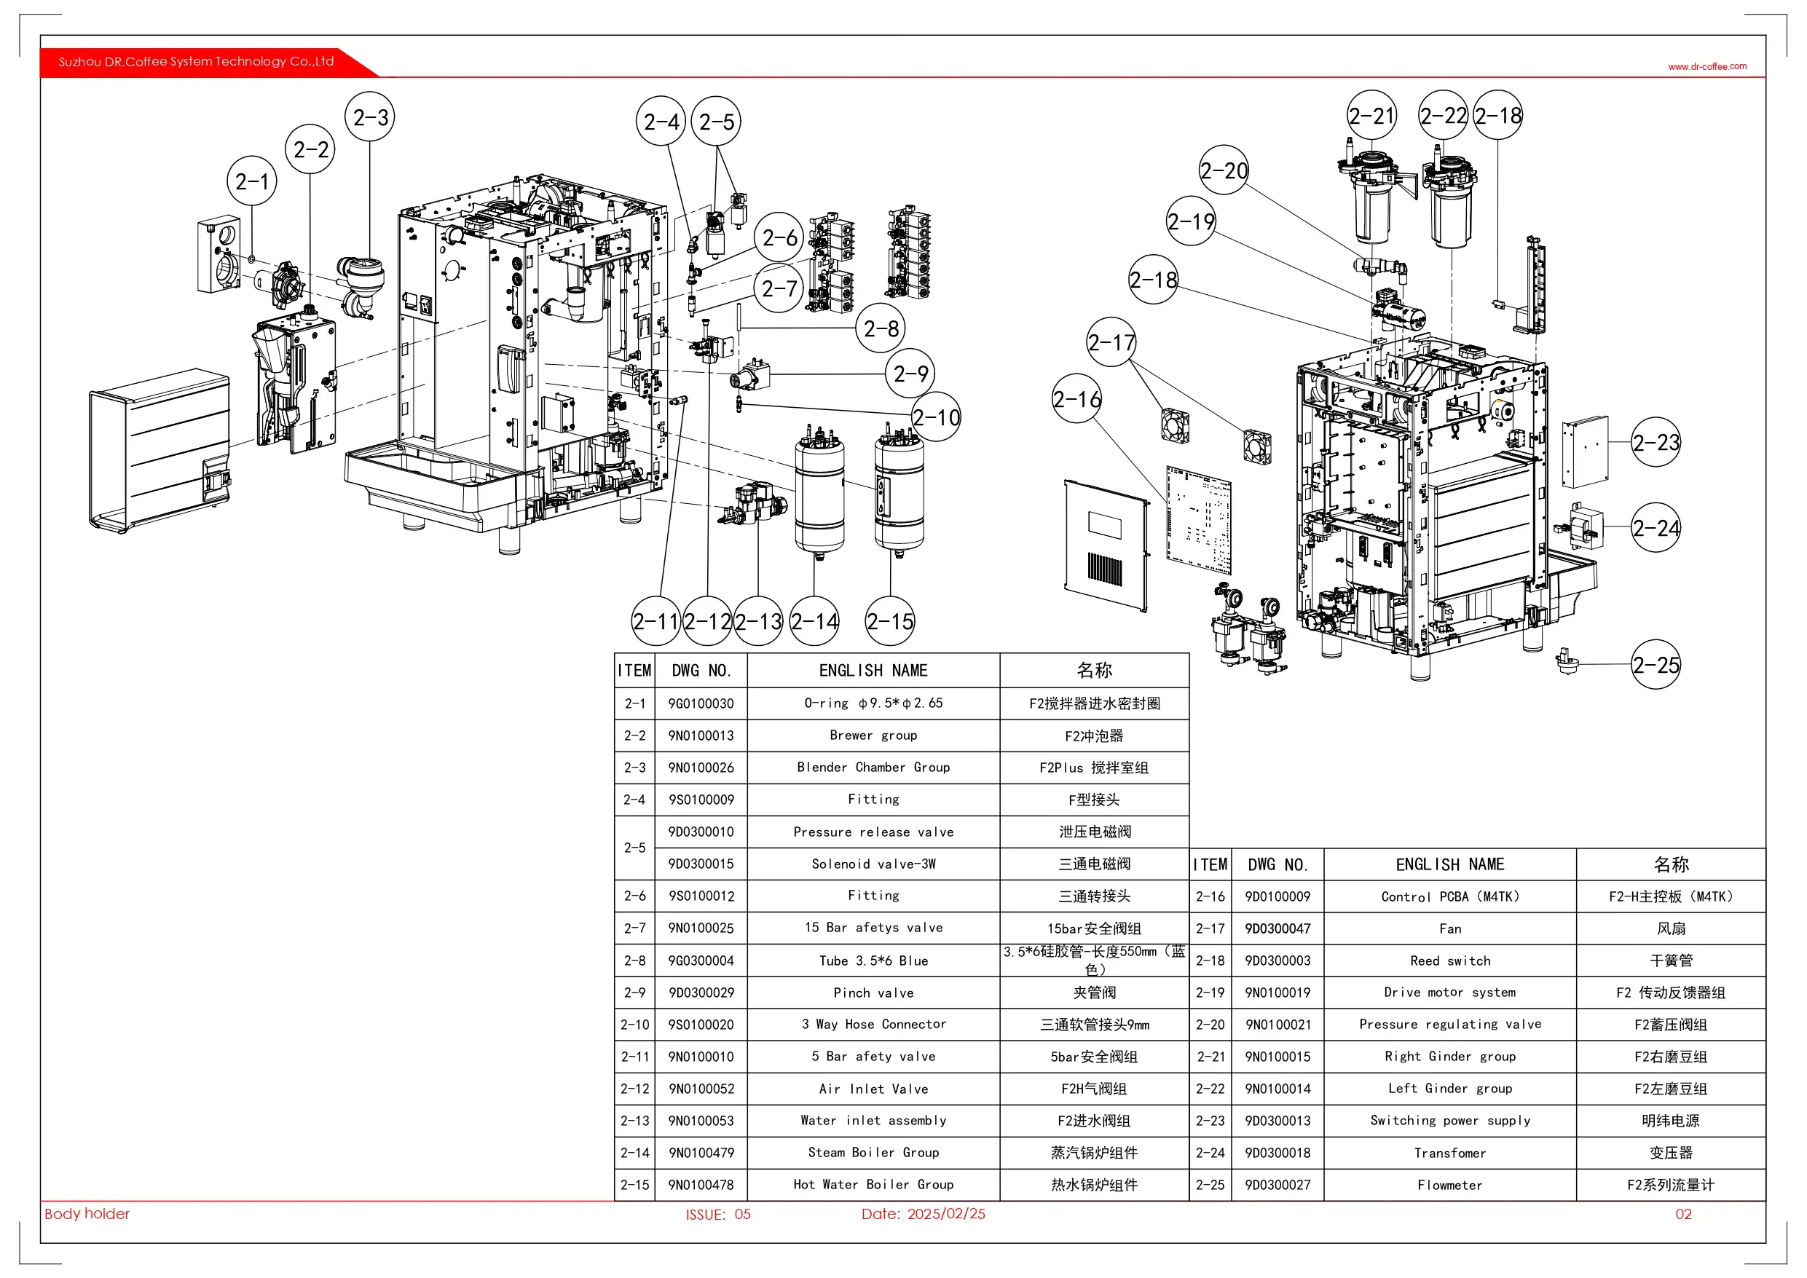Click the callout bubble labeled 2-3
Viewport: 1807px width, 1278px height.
370,117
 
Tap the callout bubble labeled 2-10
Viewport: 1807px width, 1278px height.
937,417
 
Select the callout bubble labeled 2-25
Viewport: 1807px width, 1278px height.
1656,665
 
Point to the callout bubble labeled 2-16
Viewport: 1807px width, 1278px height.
1077,399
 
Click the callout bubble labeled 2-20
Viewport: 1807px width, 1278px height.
1224,170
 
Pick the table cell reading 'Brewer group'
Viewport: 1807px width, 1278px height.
873,735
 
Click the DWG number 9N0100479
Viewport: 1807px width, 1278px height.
701,1153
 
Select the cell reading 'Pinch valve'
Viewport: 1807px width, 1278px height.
873,993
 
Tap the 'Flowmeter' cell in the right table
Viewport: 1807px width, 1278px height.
1449,1184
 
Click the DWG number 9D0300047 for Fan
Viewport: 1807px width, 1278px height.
1278,928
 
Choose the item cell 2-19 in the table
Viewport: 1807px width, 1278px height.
1210,993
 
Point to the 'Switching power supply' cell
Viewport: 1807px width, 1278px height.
1449,1121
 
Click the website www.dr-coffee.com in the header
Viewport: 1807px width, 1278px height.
1707,66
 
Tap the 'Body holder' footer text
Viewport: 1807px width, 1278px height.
87,1213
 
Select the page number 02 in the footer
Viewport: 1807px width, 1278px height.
1683,1213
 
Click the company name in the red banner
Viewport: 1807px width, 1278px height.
196,61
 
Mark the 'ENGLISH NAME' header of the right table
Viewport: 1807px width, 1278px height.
1449,864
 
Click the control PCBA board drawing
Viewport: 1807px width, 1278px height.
1199,521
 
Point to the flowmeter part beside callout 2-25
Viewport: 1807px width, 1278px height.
1566,661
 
